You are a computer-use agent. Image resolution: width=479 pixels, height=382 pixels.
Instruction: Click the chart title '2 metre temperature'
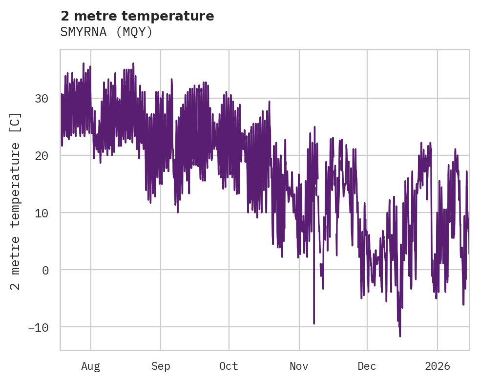click(x=137, y=16)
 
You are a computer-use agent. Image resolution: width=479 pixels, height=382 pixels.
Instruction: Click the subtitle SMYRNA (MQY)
click(x=106, y=32)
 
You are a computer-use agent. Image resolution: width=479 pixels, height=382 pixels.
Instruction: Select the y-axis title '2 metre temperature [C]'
click(x=16, y=201)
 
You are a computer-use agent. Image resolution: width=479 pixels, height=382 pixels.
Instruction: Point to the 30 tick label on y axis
click(x=41, y=98)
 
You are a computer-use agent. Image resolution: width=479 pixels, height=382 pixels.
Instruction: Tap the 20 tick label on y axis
click(x=41, y=155)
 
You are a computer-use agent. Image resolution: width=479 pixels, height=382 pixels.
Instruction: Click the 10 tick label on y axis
click(x=41, y=212)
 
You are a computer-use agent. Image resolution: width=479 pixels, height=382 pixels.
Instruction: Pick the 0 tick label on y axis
click(x=45, y=270)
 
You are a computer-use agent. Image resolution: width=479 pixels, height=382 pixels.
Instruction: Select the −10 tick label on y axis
click(x=38, y=327)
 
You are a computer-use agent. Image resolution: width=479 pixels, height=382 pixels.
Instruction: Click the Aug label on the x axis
click(x=90, y=366)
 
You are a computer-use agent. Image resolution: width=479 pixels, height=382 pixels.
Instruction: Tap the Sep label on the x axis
click(x=160, y=366)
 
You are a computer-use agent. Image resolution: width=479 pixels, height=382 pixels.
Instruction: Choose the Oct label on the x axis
click(x=229, y=366)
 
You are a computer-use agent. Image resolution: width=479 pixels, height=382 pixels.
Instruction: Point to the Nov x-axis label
click(x=299, y=366)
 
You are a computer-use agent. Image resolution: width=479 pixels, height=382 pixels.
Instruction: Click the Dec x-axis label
click(x=367, y=366)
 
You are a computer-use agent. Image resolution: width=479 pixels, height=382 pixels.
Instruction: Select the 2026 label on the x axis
click(x=437, y=366)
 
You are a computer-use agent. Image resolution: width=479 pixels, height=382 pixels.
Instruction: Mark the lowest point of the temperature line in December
click(x=400, y=336)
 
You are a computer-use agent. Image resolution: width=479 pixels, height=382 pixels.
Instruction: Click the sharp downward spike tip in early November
click(x=314, y=323)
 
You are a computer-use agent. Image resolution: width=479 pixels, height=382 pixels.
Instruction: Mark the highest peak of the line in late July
click(x=83, y=64)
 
